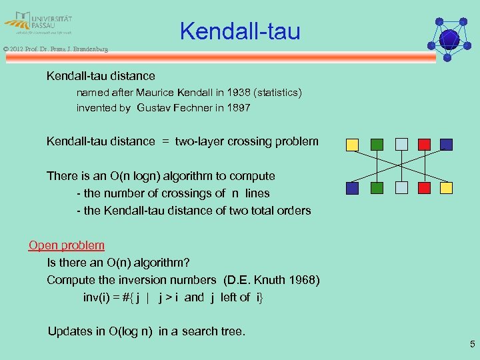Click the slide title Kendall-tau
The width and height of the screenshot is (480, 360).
pos(240,31)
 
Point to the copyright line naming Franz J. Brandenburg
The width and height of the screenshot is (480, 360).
pos(55,49)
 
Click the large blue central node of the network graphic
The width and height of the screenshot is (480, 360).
pos(449,39)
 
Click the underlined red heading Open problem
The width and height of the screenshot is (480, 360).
pos(67,245)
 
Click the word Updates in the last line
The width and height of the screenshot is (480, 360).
pos(69,331)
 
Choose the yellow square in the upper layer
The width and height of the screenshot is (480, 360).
pos(352,144)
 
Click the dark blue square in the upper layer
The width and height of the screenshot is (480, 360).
pos(446,144)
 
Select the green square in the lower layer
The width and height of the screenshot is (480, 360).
pos(376,188)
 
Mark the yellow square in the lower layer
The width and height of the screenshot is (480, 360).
pos(446,188)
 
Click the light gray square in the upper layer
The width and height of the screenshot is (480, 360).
pos(401,144)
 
